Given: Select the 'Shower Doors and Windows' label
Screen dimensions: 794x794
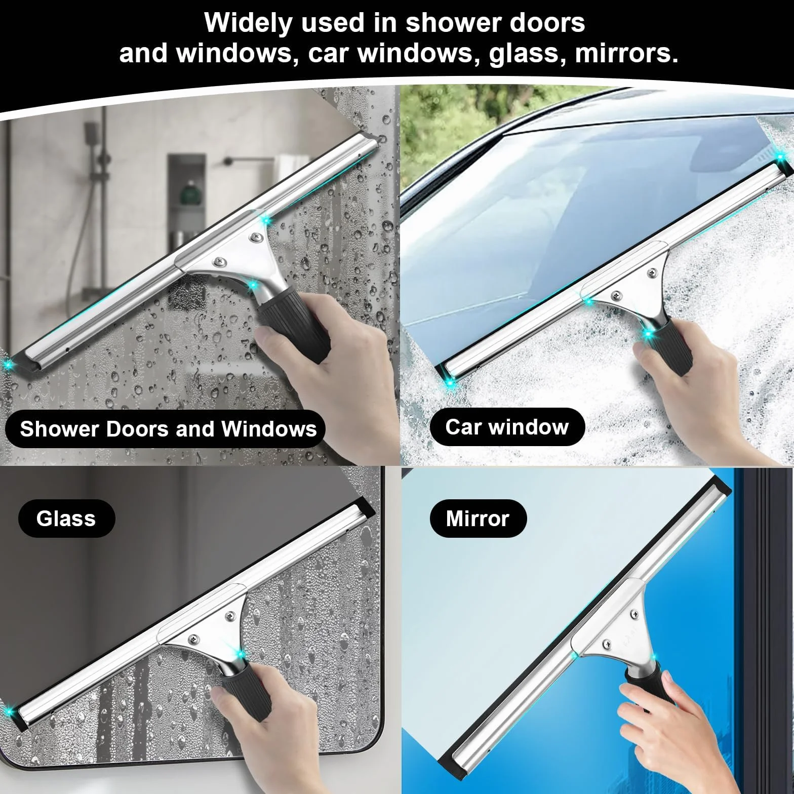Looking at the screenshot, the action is pos(169,429).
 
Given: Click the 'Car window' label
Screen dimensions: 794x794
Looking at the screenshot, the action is pos(507,427).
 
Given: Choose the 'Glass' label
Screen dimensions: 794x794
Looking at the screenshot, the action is pos(66,519).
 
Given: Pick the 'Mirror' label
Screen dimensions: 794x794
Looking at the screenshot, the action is pos(478,519).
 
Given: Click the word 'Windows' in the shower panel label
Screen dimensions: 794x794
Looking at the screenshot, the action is pos(269,429).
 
